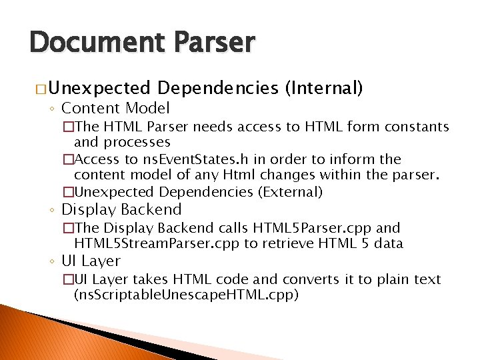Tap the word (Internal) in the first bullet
pyautogui.click(x=323, y=87)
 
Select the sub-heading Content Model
pyautogui.click(x=115, y=108)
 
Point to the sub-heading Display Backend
pyautogui.click(x=121, y=209)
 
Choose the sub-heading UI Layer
pyautogui.click(x=91, y=261)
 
